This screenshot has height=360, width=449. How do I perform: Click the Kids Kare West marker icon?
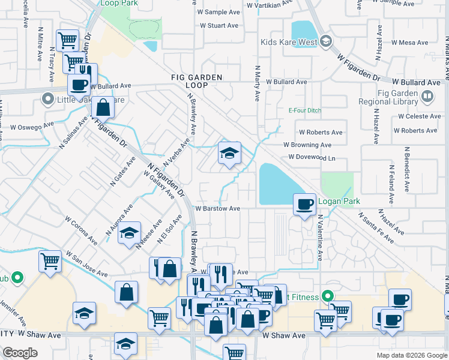(326, 42)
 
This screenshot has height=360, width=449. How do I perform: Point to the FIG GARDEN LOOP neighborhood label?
(197, 82)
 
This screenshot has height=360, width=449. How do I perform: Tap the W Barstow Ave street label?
(217, 209)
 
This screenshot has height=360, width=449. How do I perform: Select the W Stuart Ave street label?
(219, 26)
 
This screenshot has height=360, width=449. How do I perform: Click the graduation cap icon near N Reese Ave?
(129, 233)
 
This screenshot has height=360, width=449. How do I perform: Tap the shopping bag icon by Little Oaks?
(103, 107)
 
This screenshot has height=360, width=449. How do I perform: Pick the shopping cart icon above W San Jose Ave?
(50, 260)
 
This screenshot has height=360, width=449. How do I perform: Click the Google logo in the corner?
(20, 353)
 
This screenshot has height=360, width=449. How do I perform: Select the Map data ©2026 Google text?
(411, 355)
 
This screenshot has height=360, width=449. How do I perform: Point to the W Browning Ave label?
(307, 145)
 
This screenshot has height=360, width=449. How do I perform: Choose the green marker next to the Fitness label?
(327, 296)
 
